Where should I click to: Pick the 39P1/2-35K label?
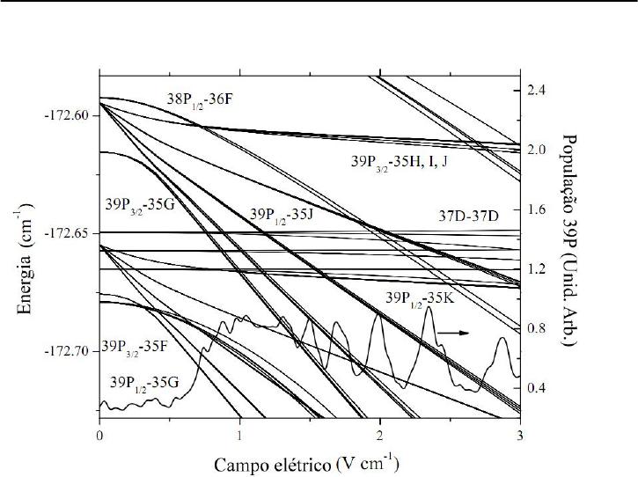point(421,299)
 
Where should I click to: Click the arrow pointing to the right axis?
point(454,334)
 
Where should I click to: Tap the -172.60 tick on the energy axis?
point(70,115)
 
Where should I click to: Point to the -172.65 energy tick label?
point(70,233)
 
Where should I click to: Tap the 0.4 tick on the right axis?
point(537,388)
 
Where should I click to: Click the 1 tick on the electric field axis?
point(239,435)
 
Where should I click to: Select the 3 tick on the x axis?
point(519,435)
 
